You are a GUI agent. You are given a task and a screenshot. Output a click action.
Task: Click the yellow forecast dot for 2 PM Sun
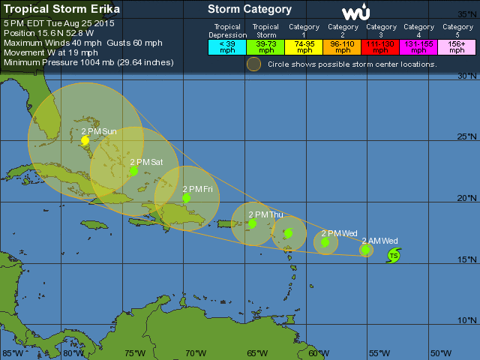pos(85,140)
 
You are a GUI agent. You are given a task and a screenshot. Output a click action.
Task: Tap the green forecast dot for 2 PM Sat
pos(133,171)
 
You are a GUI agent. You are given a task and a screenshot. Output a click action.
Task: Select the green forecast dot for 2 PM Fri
pos(186,199)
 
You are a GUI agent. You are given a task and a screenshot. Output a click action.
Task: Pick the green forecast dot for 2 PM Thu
pos(252,223)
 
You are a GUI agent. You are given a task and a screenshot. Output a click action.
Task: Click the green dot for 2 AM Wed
pos(365,250)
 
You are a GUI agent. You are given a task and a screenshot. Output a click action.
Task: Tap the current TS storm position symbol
pos(393,256)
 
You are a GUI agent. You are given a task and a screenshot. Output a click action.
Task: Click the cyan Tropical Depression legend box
pos(227,46)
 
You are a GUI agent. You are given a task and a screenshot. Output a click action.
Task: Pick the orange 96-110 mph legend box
pos(343,46)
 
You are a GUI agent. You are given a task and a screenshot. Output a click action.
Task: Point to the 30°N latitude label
pos(467,76)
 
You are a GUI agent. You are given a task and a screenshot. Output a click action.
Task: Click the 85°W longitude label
pos(11,353)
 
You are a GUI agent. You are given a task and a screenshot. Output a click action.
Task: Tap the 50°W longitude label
pos(441,353)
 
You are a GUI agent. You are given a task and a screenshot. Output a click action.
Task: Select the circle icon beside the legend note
pos(255,64)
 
